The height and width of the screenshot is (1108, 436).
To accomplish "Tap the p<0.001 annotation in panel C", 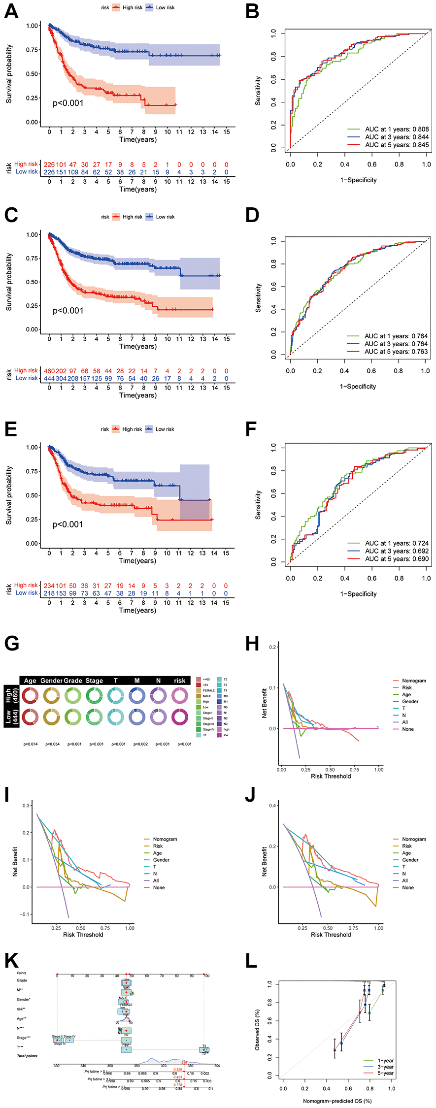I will [x=68, y=311].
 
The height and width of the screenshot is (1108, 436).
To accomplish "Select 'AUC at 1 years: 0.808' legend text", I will [x=397, y=130].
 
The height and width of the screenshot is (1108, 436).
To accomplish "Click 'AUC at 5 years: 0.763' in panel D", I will [x=396, y=352].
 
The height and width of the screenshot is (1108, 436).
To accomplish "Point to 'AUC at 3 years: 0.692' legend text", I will [x=397, y=551].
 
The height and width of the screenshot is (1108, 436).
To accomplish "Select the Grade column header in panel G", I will [x=73, y=681].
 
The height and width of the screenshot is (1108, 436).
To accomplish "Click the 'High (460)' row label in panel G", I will [x=12, y=695].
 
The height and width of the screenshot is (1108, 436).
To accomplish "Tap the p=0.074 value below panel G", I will [x=31, y=744].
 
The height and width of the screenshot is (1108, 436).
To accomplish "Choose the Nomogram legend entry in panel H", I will [x=414, y=681].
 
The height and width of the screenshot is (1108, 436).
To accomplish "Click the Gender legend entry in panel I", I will [x=161, y=860].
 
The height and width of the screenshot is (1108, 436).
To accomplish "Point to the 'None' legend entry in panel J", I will [x=408, y=887].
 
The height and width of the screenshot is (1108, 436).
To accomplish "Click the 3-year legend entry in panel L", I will [x=385, y=1067].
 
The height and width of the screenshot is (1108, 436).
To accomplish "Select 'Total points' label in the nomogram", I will [x=27, y=1056].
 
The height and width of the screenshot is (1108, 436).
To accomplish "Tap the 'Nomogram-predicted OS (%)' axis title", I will [x=337, y=1101].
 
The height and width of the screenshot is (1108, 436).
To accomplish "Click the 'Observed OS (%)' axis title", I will [x=257, y=1030].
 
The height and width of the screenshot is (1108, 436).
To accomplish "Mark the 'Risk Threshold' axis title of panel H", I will [x=331, y=776].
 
